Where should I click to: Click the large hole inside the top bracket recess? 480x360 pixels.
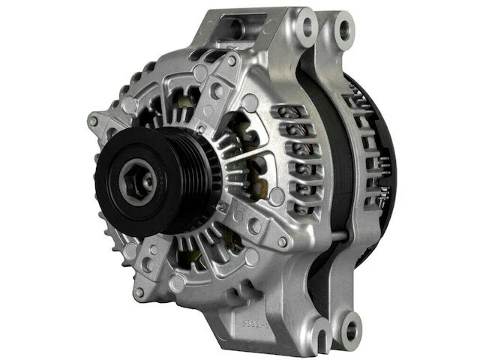(235, 28)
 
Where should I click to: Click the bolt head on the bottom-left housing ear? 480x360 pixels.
(139, 292)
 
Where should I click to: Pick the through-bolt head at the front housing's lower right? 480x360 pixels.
(283, 242)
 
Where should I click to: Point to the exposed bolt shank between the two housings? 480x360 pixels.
(330, 248)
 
